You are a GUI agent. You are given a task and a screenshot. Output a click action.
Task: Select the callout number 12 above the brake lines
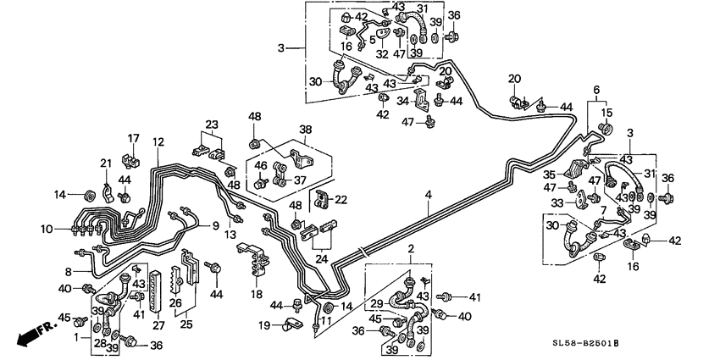coord(158,141)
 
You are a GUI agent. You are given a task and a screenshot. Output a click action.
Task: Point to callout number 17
coord(133,139)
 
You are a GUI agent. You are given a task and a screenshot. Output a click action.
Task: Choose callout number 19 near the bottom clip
coord(264,325)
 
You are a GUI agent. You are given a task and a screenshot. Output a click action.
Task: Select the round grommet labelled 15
coord(606,128)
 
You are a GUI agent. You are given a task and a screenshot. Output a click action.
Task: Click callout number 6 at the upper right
coord(596,91)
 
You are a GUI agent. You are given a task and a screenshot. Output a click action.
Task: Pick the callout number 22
coord(341,200)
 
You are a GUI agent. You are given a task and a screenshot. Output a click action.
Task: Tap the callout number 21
coord(106,163)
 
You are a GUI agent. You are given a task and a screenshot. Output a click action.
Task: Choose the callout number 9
coord(215,226)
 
